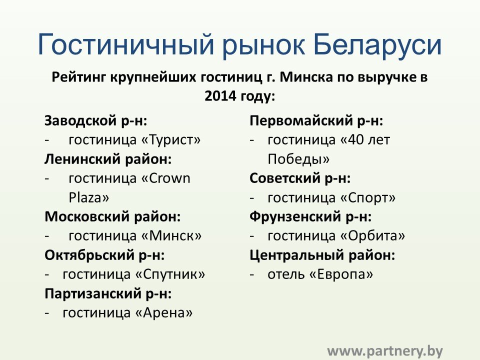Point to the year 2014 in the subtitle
point(220,96)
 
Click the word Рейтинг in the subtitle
point(78,77)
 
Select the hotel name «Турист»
point(171,140)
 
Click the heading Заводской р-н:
point(96,120)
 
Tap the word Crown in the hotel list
point(169,178)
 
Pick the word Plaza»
point(89,197)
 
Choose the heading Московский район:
point(112,216)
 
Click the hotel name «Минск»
point(171,235)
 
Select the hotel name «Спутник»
point(170,274)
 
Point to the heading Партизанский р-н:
point(108,293)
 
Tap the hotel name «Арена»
point(164,313)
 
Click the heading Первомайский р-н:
point(316,120)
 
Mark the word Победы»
point(298,159)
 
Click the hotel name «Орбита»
point(372,235)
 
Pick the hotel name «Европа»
point(341,274)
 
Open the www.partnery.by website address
point(385,351)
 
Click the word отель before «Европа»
point(286,274)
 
